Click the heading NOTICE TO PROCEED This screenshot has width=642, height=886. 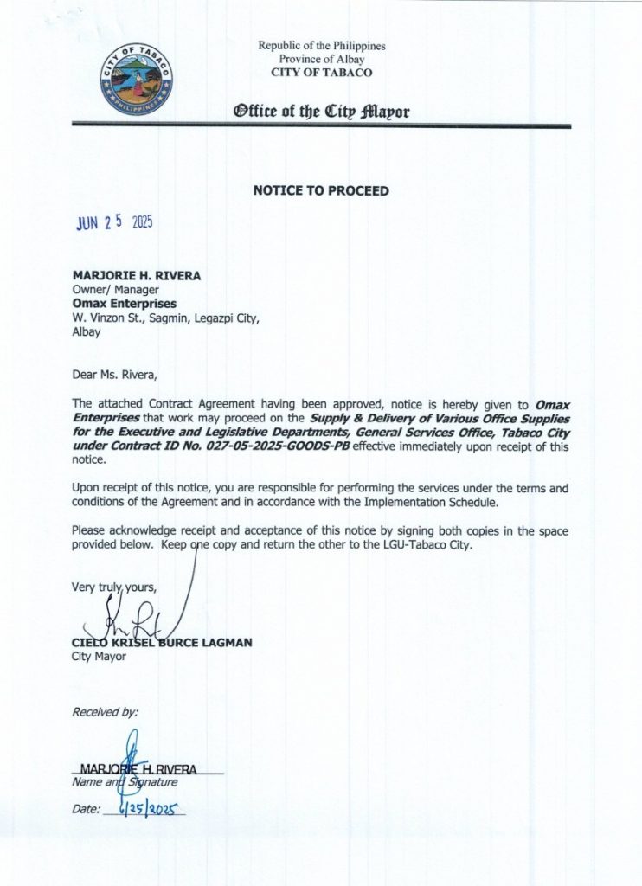click(321, 189)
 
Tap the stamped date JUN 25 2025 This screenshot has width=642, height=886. click(114, 223)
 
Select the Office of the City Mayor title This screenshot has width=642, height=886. click(321, 112)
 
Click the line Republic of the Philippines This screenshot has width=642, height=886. click(321, 46)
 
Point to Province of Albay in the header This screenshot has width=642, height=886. click(321, 59)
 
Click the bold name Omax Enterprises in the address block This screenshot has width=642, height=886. click(125, 304)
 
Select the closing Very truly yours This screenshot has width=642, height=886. click(114, 587)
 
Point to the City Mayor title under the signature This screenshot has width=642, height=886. click(99, 657)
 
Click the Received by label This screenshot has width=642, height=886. click(105, 712)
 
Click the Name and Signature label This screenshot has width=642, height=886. click(125, 782)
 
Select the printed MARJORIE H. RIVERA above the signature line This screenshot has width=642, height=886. click(138, 768)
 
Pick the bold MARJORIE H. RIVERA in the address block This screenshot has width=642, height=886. click(137, 276)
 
